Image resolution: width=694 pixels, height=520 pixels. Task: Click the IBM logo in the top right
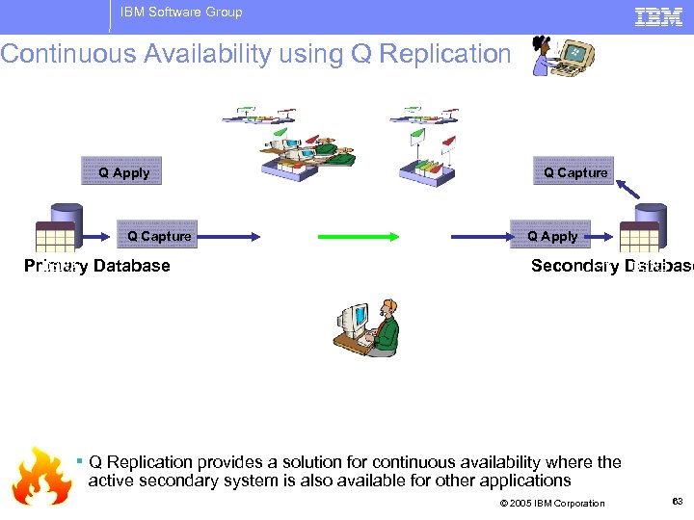click(658, 15)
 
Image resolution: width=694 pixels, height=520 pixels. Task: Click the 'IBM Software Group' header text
click(181, 13)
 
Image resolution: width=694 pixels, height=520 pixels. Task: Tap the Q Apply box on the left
click(122, 171)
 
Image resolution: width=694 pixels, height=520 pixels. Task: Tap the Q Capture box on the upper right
click(574, 171)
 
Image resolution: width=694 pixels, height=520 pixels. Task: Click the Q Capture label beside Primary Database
click(159, 236)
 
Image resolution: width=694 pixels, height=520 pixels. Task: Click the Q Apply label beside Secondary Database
click(552, 236)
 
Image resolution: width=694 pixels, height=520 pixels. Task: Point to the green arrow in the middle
click(352, 236)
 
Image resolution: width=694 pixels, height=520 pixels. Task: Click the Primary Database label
click(97, 266)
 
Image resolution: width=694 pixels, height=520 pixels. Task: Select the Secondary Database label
click(611, 266)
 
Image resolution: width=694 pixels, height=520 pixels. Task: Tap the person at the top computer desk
click(563, 55)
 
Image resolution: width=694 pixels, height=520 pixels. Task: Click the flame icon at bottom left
click(41, 476)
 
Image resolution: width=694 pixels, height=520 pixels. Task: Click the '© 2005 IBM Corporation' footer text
click(552, 503)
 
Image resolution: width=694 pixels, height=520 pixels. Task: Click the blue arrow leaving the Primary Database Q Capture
click(227, 236)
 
